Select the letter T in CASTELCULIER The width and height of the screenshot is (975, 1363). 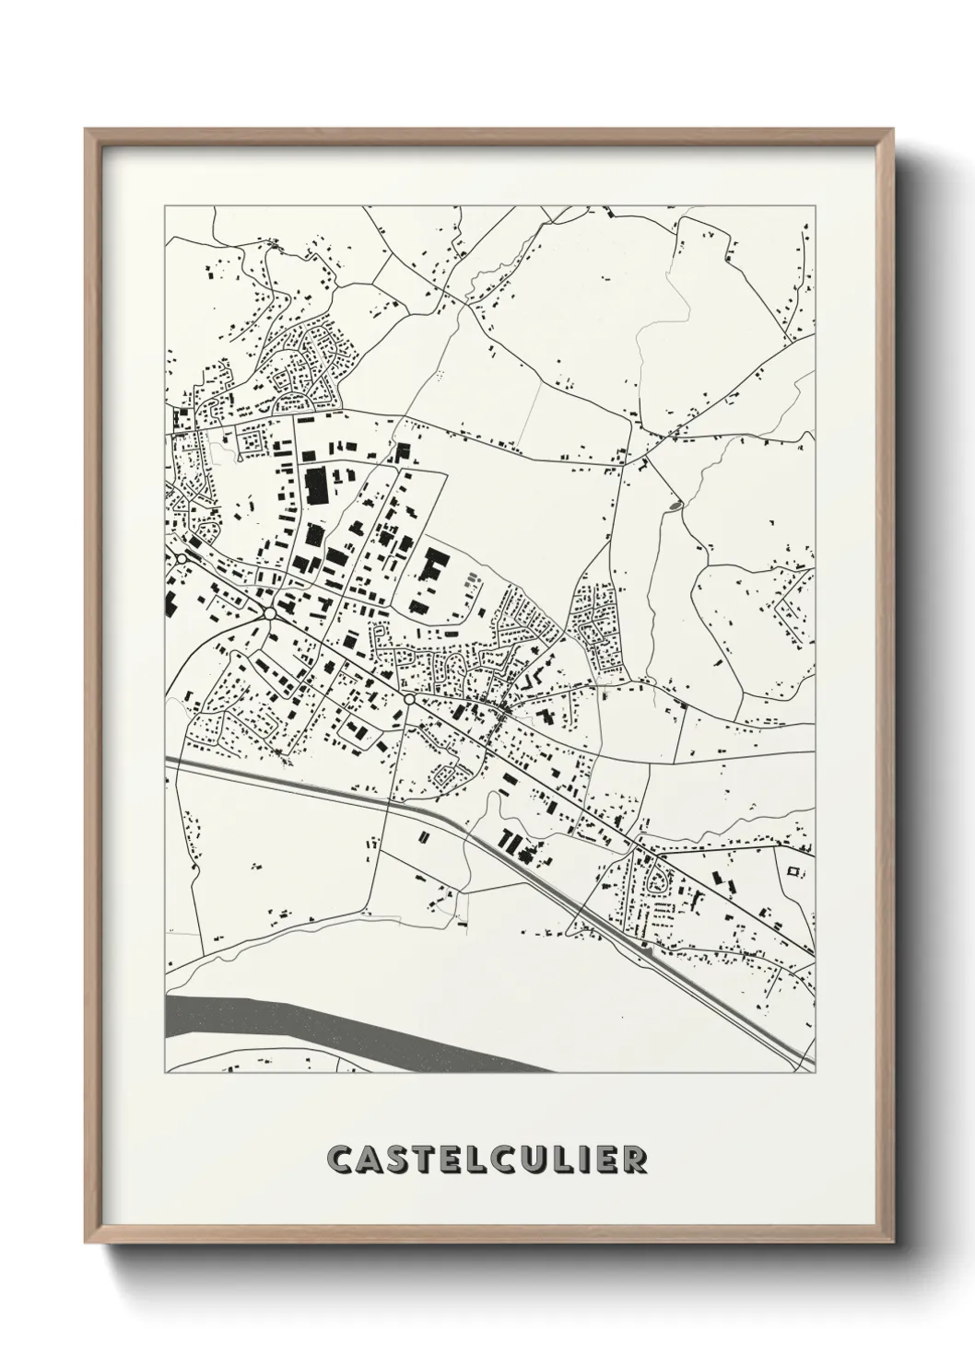432,1160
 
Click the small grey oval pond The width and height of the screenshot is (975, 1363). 676,505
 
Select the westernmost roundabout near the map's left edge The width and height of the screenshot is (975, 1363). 182,559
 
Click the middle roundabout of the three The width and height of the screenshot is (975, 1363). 269,613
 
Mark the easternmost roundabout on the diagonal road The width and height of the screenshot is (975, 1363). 408,700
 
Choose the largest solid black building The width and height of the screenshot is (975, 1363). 316,484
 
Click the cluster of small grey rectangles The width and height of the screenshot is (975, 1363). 472,582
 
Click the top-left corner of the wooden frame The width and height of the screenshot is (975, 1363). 87,130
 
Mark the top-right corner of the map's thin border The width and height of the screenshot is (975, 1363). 816,206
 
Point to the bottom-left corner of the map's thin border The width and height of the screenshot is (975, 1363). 165,1073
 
